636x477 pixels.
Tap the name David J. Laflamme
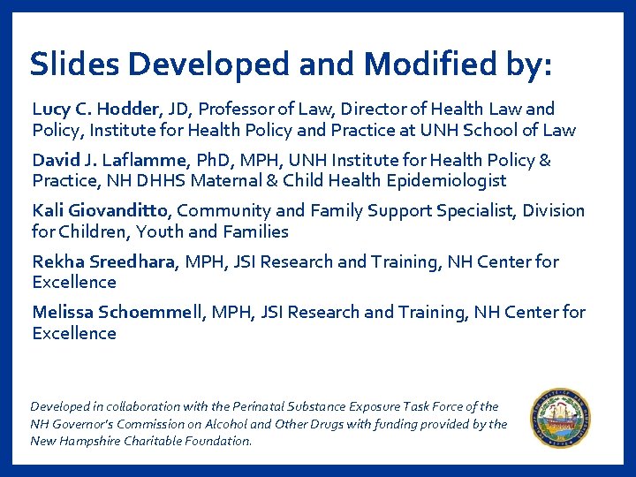(103, 160)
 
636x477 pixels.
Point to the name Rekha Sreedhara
(105, 261)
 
